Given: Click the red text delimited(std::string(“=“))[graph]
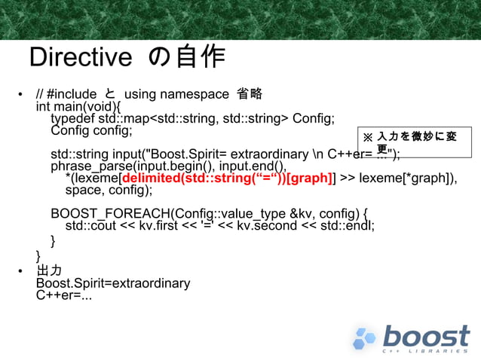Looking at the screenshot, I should [227, 178].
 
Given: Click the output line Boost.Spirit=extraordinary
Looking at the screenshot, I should [113, 283].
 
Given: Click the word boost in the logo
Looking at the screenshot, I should [425, 335].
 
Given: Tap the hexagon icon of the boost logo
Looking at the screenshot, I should [366, 338].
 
